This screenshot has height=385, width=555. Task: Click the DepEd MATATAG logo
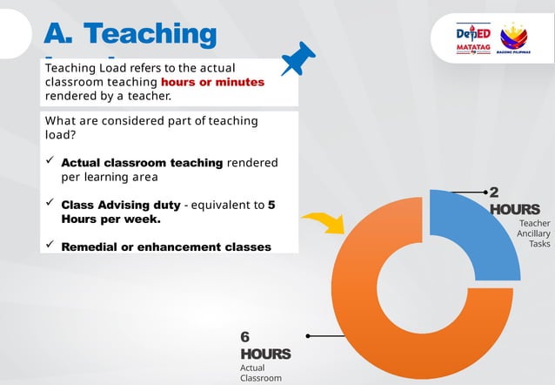[x=473, y=40]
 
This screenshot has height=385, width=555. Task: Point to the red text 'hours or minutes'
[x=212, y=82]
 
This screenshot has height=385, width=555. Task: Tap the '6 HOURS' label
[x=264, y=346]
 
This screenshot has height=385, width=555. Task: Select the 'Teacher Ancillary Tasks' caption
[x=532, y=233]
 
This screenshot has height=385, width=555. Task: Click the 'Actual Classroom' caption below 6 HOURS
[x=261, y=373]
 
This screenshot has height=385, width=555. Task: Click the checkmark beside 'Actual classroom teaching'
[x=50, y=161]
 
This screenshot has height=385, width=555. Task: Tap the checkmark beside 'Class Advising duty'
[x=50, y=204]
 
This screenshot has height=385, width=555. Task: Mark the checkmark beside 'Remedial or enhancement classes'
[x=50, y=246]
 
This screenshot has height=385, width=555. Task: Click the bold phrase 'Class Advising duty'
[x=121, y=205]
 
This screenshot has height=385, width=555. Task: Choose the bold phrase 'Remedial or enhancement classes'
[x=165, y=247]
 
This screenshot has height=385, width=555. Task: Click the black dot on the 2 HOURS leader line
[x=485, y=191]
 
